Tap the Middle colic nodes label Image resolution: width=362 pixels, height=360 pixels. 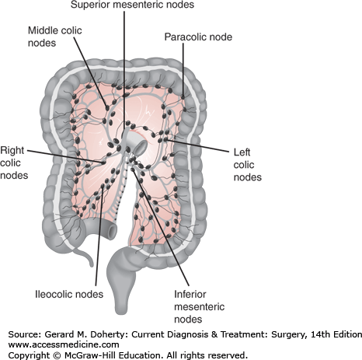coord(55,35)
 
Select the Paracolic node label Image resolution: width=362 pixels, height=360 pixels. coord(197,37)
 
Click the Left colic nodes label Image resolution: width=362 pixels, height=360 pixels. coord(246,164)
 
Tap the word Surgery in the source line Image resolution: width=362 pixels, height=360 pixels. coord(272,334)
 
